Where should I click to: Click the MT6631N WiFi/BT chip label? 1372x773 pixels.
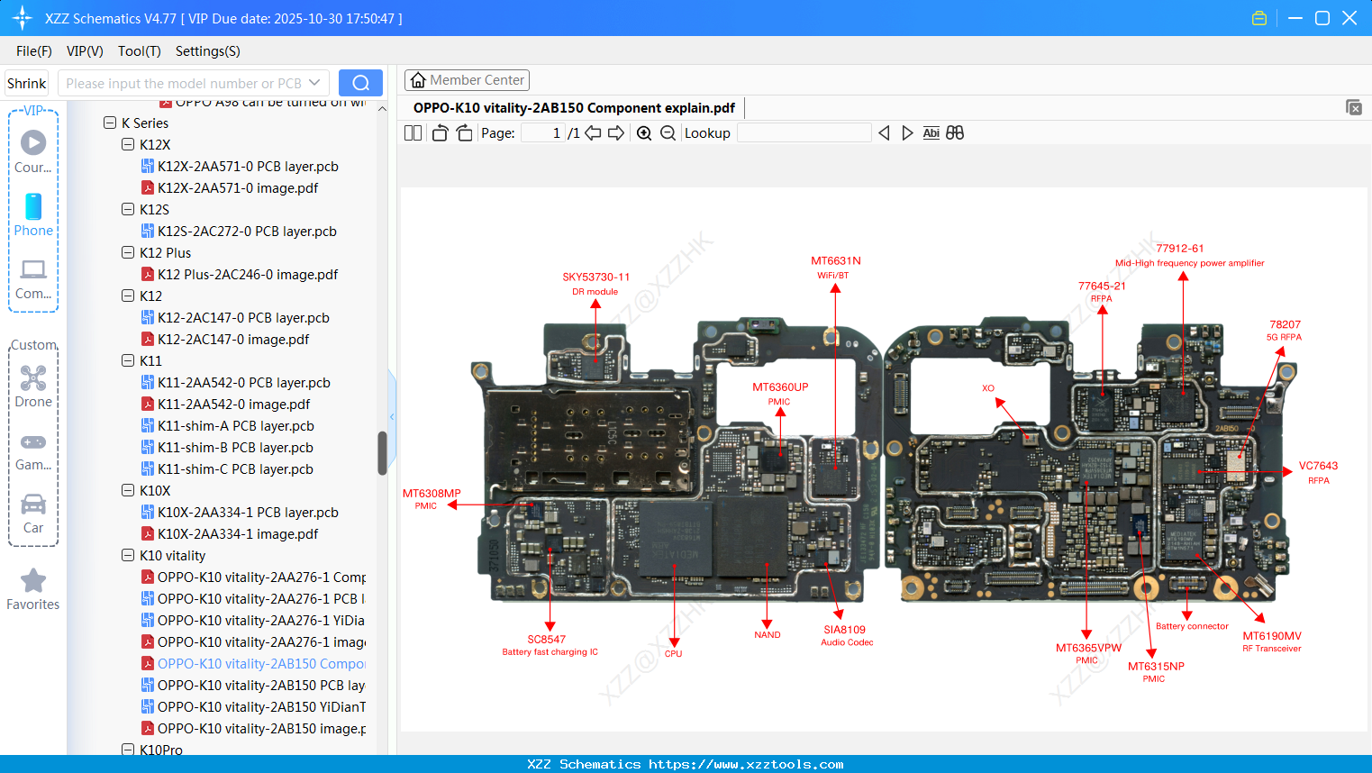[835, 261]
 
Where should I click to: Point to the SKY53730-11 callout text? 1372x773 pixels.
[595, 277]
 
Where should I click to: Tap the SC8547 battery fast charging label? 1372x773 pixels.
[547, 640]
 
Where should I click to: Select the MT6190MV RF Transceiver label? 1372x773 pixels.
[1271, 636]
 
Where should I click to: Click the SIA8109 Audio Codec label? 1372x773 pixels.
[844, 631]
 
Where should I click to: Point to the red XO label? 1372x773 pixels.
[987, 388]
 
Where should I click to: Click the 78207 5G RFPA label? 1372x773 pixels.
[1285, 325]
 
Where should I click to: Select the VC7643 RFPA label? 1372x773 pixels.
[1317, 467]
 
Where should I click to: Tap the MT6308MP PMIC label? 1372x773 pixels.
[432, 494]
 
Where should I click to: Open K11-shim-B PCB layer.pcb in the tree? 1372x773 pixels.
[235, 448]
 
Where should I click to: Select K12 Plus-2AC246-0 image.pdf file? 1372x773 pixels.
[247, 275]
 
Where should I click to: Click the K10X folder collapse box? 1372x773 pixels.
[128, 491]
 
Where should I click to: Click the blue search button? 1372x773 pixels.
[360, 83]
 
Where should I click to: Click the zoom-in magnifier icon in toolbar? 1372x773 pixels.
[644, 133]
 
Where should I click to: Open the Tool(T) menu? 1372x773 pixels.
[139, 51]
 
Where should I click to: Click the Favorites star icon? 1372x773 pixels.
[33, 581]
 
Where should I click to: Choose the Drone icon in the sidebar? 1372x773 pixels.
[33, 378]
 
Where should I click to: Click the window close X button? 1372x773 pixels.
[1349, 18]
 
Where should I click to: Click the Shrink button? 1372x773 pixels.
[27, 84]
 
